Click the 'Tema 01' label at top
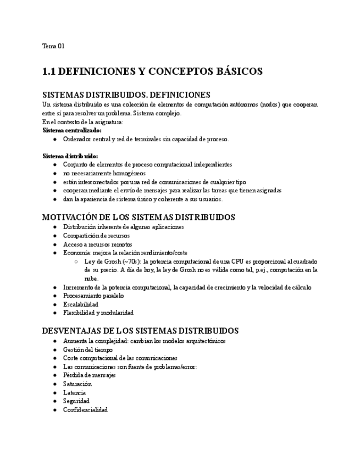[x=53, y=46]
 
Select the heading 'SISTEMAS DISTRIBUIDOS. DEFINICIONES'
[x=126, y=95]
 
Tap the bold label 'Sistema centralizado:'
[x=72, y=131]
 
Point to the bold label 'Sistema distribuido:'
[x=70, y=156]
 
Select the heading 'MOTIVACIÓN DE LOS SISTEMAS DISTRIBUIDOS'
[x=139, y=217]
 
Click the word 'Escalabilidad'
[x=81, y=304]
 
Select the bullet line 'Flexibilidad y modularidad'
[x=98, y=313]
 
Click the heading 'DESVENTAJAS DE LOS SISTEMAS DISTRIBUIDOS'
[x=140, y=331]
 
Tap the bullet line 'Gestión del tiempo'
[x=88, y=349]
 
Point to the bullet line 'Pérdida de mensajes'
[x=90, y=375]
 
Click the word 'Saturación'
[x=77, y=384]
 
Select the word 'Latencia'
[x=74, y=393]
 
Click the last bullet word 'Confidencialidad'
[x=85, y=410]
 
